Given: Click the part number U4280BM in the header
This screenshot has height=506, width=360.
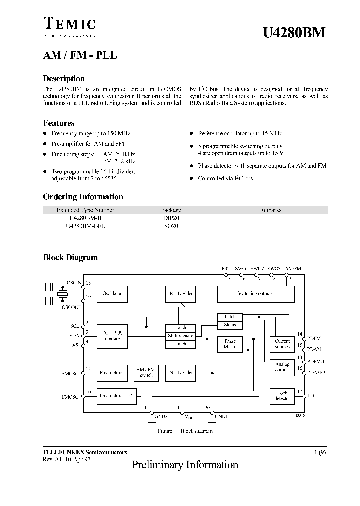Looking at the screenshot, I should [x=294, y=32].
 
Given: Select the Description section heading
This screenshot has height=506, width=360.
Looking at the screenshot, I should [x=64, y=78].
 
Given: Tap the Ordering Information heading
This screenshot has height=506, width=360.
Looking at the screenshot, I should [x=83, y=197].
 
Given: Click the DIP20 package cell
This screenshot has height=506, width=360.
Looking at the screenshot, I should [x=171, y=218].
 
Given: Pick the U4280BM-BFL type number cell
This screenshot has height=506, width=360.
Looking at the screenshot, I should [x=85, y=226].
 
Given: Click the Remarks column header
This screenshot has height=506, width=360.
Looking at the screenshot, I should [x=271, y=210].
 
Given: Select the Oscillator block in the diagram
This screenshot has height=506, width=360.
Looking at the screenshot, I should [x=112, y=293].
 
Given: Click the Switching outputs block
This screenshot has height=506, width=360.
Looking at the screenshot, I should [x=255, y=294].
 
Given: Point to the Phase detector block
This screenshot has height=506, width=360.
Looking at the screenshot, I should [x=230, y=344].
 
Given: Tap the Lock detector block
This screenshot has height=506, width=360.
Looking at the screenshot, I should [x=282, y=396].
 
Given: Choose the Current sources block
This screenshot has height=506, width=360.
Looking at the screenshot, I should [x=282, y=344].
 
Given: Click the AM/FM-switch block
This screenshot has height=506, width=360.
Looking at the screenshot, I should [x=146, y=372].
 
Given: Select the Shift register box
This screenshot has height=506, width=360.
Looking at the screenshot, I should [x=180, y=336].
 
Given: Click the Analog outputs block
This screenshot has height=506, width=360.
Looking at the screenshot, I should [x=282, y=367].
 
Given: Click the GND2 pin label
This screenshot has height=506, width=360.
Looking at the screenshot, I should [x=161, y=416].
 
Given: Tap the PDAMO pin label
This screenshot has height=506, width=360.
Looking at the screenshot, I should [x=316, y=373].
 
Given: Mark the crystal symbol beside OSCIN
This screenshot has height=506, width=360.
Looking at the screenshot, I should [x=62, y=294].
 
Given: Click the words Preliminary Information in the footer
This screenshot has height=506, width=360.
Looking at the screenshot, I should [x=185, y=465].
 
